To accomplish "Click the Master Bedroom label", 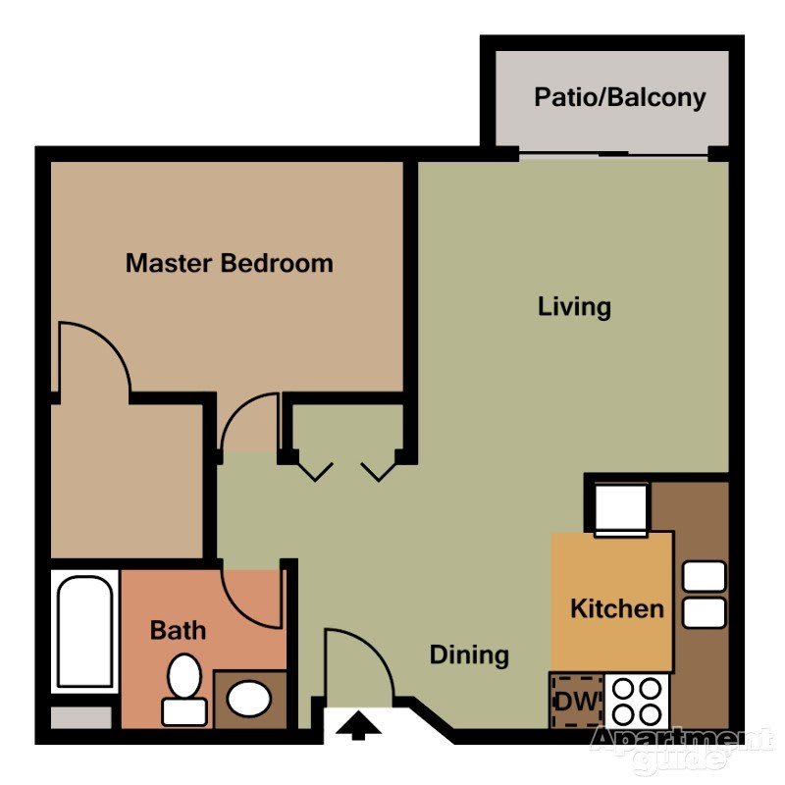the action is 230,263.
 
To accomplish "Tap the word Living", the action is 574,306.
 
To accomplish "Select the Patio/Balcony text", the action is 620,97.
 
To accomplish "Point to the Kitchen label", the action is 617,608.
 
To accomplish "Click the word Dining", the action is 470,655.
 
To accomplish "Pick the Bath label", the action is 178,630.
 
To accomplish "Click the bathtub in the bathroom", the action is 84,631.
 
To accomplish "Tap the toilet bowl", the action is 184,676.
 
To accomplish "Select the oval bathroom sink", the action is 249,698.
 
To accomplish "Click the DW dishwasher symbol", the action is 577,702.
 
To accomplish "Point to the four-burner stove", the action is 637,702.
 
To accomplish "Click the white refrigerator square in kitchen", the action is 621,509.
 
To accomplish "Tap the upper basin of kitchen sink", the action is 704,576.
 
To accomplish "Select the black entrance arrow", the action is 358,727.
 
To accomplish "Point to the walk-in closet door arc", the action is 106,340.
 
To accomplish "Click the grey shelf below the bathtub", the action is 81,717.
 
